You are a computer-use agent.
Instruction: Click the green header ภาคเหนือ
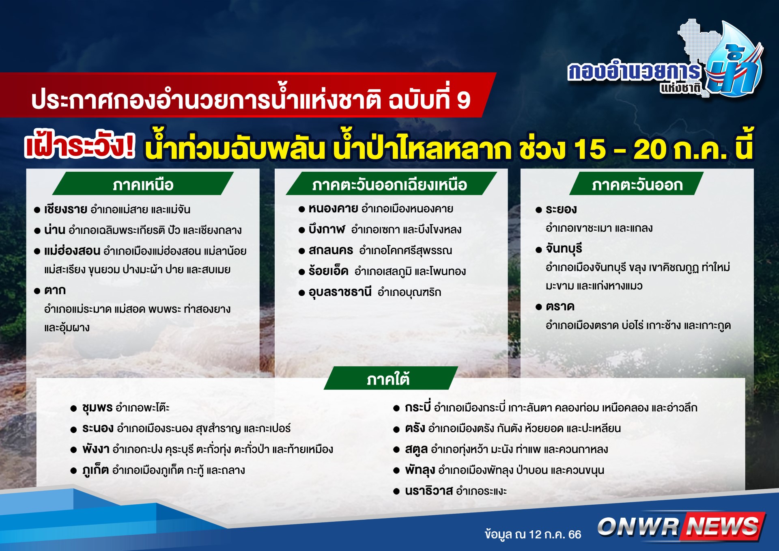[143, 184]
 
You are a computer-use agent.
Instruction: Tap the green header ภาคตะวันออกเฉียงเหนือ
[391, 184]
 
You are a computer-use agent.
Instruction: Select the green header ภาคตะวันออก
[637, 184]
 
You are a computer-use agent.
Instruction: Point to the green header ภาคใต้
[391, 378]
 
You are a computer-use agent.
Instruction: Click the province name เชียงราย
[66, 210]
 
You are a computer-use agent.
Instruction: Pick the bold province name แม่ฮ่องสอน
[72, 251]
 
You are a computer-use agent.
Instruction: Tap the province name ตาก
[55, 290]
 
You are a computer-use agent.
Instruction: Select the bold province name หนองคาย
[333, 209]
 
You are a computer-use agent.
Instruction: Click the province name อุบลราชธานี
[340, 292]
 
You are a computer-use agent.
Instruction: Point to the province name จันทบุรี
[564, 248]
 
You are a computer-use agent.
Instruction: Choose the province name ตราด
[560, 307]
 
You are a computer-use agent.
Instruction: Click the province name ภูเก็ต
[95, 470]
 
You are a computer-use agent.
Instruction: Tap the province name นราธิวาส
[429, 491]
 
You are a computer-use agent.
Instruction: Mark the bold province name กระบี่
[418, 407]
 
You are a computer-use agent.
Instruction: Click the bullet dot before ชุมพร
[73, 408]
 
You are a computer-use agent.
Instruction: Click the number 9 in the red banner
[463, 100]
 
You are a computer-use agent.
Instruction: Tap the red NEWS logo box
[723, 526]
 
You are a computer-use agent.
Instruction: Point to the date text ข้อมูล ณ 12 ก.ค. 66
[533, 534]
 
